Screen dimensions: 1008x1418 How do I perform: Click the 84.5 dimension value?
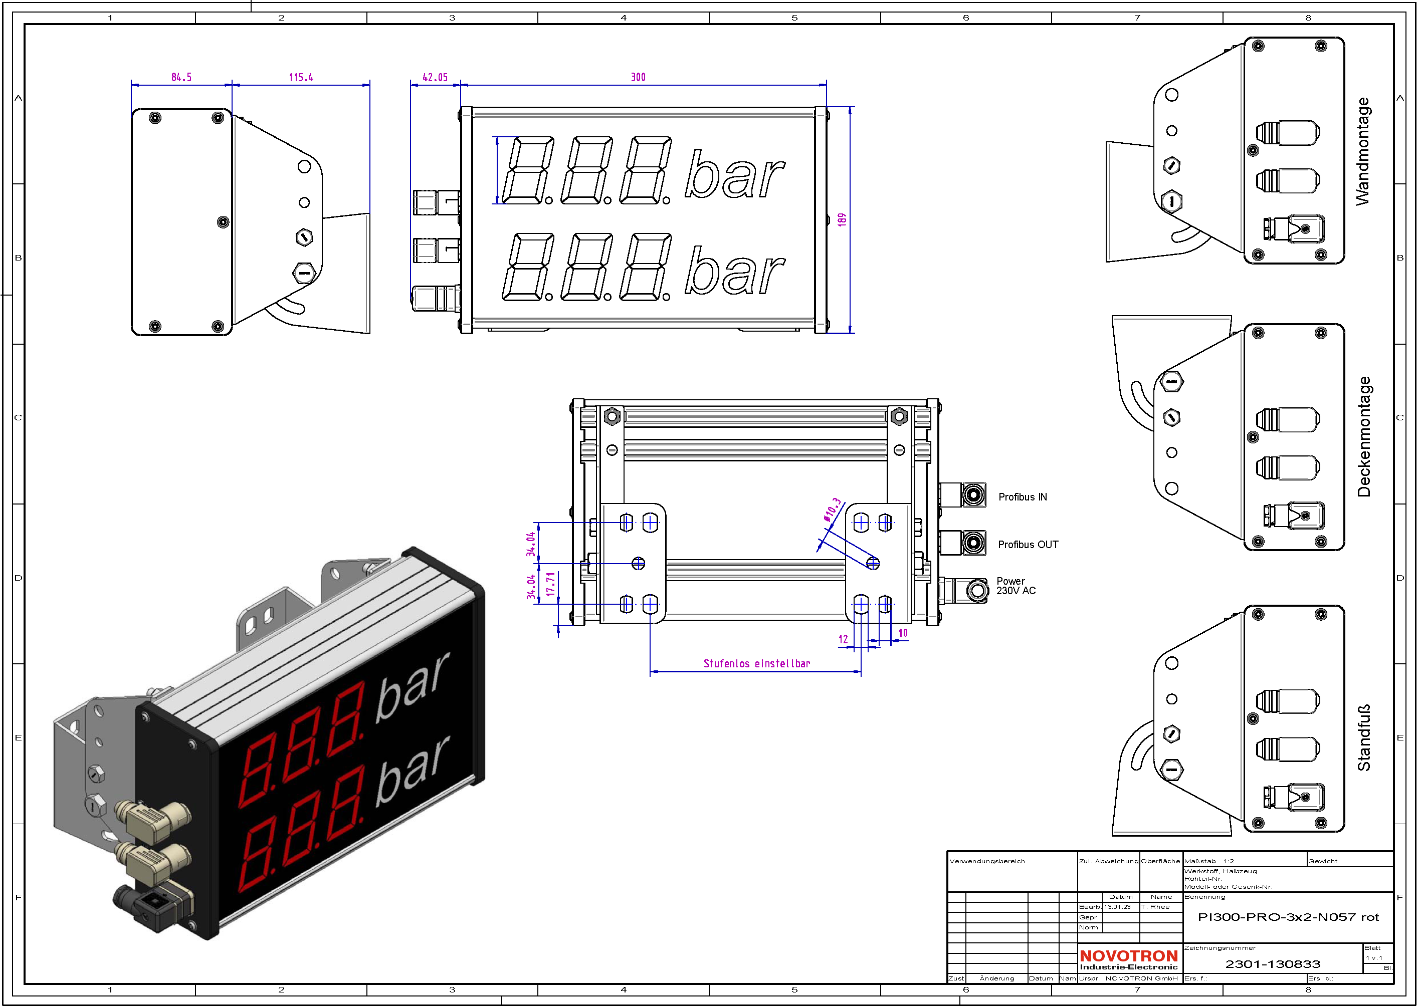tap(181, 78)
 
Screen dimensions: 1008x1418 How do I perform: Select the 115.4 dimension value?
tap(301, 78)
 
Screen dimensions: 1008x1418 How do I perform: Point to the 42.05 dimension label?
tap(435, 78)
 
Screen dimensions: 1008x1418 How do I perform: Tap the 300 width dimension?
tap(638, 78)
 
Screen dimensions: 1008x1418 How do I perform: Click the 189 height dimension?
tap(842, 220)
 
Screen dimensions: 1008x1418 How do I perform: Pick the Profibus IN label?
tap(1023, 497)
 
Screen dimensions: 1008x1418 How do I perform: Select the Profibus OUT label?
tap(1028, 545)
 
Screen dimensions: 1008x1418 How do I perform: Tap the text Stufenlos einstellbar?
tap(756, 663)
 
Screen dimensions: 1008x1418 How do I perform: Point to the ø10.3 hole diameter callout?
tap(833, 510)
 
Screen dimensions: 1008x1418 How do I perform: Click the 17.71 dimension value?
tap(550, 584)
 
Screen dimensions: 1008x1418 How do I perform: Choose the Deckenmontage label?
tap(1363, 436)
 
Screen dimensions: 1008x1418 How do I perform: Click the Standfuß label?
tap(1363, 738)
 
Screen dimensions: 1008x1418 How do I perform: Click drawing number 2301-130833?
tap(1272, 964)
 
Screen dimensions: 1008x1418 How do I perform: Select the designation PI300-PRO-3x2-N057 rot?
tap(1288, 917)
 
